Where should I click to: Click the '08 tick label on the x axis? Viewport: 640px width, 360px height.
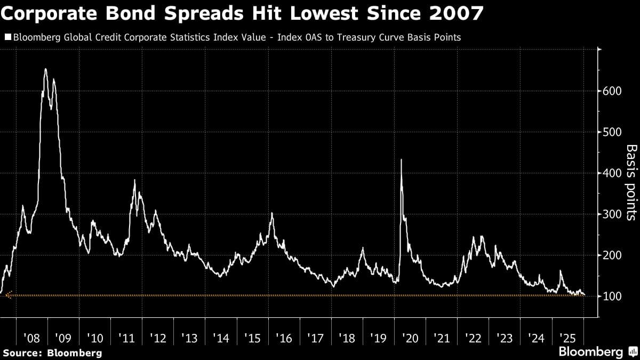pyautogui.click(x=31, y=338)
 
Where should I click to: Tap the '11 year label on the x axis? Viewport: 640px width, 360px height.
pyautogui.click(x=126, y=338)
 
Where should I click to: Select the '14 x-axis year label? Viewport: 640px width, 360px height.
pyautogui.click(x=221, y=338)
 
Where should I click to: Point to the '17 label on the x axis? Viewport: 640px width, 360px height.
pyautogui.click(x=316, y=338)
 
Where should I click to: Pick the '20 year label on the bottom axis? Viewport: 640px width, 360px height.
pyautogui.click(x=410, y=338)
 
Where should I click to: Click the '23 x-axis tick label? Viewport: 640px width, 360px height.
pyautogui.click(x=505, y=338)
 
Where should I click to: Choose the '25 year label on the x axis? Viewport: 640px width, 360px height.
pyautogui.click(x=568, y=338)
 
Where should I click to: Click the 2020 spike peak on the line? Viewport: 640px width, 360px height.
pyautogui.click(x=401, y=159)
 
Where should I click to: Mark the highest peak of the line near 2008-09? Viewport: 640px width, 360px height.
pyautogui.click(x=45, y=69)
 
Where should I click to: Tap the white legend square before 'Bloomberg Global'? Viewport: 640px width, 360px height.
pyautogui.click(x=7, y=37)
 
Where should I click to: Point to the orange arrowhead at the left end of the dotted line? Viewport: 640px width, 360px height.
pyautogui.click(x=7, y=295)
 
